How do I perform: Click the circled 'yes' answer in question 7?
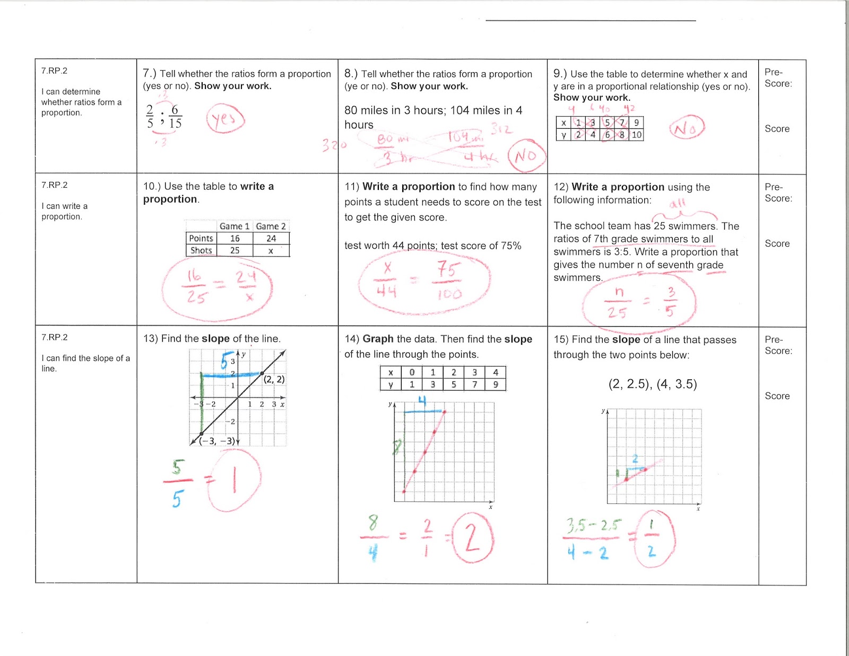click(226, 119)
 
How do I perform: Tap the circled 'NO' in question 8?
click(526, 155)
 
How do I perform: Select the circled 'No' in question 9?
click(687, 128)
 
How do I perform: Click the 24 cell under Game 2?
click(271, 239)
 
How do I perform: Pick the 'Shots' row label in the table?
click(201, 250)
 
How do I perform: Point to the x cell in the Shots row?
click(271, 251)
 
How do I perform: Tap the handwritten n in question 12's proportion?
click(619, 292)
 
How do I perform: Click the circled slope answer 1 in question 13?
click(234, 480)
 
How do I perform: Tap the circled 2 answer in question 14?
click(472, 538)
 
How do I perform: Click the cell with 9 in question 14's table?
click(496, 384)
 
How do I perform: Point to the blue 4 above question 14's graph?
click(422, 400)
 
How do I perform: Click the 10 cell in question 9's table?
click(636, 135)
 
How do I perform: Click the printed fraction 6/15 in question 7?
click(175, 117)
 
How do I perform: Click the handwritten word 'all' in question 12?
click(678, 203)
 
